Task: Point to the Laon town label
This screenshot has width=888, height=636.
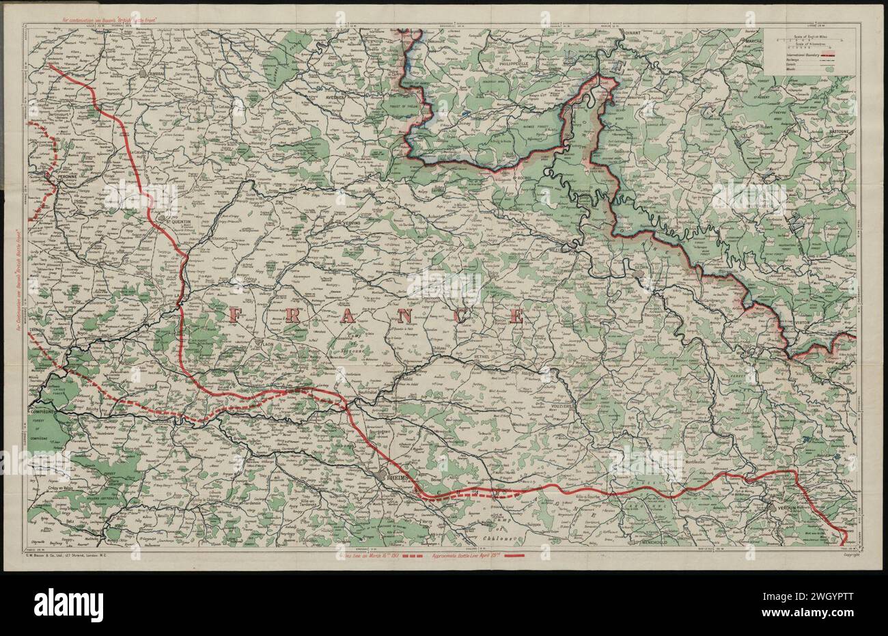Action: coord(266,345)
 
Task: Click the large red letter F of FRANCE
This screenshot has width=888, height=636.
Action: coord(238,315)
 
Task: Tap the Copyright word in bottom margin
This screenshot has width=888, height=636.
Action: coord(842,555)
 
